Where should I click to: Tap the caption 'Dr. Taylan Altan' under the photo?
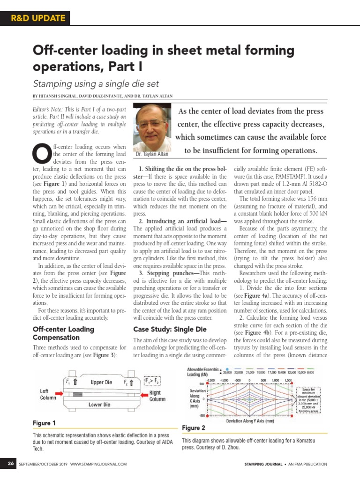pyautogui.click(x=152, y=154)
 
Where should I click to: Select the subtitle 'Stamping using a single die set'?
pyautogui.click(x=96, y=84)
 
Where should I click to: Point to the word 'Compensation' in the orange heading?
pyautogui.click(x=56, y=337)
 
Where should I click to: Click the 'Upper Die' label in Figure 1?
pyautogui.click(x=101, y=382)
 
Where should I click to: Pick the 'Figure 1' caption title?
pyautogui.click(x=44, y=423)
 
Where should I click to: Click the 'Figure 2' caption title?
pyautogui.click(x=193, y=428)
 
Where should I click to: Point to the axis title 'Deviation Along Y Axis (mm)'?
pyautogui.click(x=250, y=421)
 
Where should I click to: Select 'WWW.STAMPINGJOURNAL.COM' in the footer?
pyautogui.click(x=99, y=464)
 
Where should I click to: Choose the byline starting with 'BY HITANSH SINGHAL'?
pyautogui.click(x=103, y=96)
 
